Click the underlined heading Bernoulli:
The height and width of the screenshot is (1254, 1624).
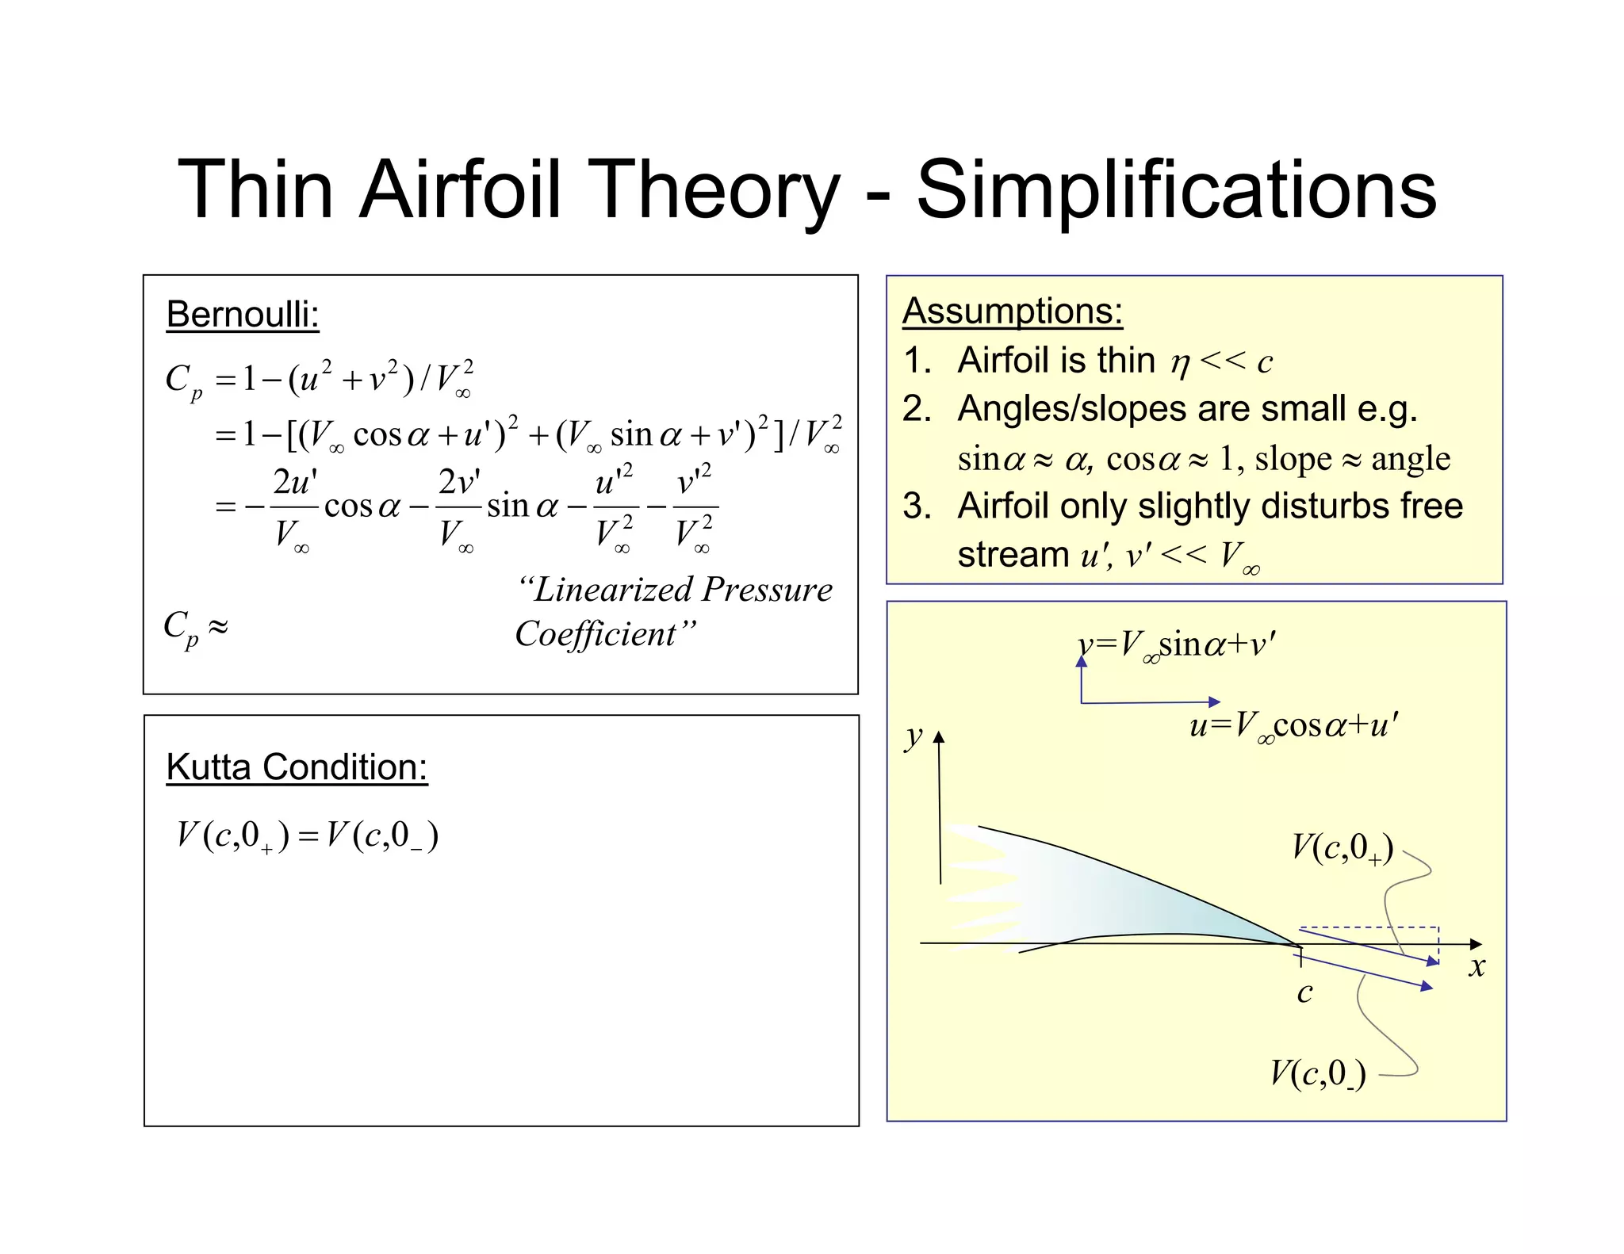(x=243, y=315)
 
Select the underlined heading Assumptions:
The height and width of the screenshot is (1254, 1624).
(x=1013, y=311)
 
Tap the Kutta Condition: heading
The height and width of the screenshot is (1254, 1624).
(x=297, y=767)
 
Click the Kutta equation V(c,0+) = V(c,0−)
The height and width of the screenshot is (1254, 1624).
(x=308, y=836)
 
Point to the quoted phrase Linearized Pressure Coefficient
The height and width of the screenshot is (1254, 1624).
(x=673, y=611)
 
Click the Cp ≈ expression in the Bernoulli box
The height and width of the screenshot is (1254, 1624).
(x=195, y=628)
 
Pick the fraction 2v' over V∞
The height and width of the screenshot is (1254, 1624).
(x=458, y=507)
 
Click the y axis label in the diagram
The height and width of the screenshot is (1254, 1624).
(x=913, y=736)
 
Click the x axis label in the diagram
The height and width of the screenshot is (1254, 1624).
(x=1476, y=966)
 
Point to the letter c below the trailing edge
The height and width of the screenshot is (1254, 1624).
(x=1304, y=992)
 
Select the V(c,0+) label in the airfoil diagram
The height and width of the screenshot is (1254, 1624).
(x=1342, y=848)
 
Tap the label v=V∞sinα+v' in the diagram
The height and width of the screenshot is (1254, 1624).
(x=1177, y=644)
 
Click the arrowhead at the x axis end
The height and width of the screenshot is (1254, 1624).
(x=1476, y=944)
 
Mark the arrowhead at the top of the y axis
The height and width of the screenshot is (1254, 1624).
(x=939, y=737)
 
